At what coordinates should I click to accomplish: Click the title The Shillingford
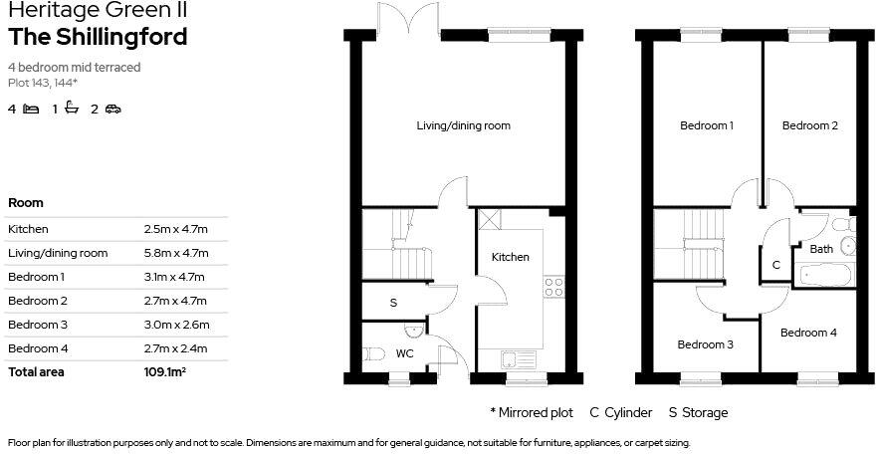tap(98, 38)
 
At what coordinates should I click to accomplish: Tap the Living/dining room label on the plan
tap(463, 126)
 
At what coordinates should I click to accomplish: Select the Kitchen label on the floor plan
tap(511, 258)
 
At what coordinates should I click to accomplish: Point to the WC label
tap(405, 353)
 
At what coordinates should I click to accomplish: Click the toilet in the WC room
tap(373, 352)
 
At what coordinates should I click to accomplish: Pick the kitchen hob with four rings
tap(553, 288)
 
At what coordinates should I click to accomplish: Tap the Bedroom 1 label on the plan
tap(707, 126)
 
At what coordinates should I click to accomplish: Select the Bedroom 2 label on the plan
tap(809, 126)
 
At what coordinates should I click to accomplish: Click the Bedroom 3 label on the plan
tap(706, 345)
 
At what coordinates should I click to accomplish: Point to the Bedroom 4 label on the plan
tap(808, 334)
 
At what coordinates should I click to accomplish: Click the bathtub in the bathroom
tap(825, 274)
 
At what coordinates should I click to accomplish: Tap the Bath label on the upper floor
tap(821, 249)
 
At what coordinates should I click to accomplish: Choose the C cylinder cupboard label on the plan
tap(776, 266)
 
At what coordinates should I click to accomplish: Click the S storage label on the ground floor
tap(393, 303)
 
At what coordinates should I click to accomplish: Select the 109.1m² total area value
tap(165, 371)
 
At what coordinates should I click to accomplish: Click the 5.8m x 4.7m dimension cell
tap(176, 253)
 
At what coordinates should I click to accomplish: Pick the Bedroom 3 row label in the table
tap(37, 325)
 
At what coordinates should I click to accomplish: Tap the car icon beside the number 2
tap(112, 109)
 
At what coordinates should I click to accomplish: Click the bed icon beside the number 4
tap(31, 109)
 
